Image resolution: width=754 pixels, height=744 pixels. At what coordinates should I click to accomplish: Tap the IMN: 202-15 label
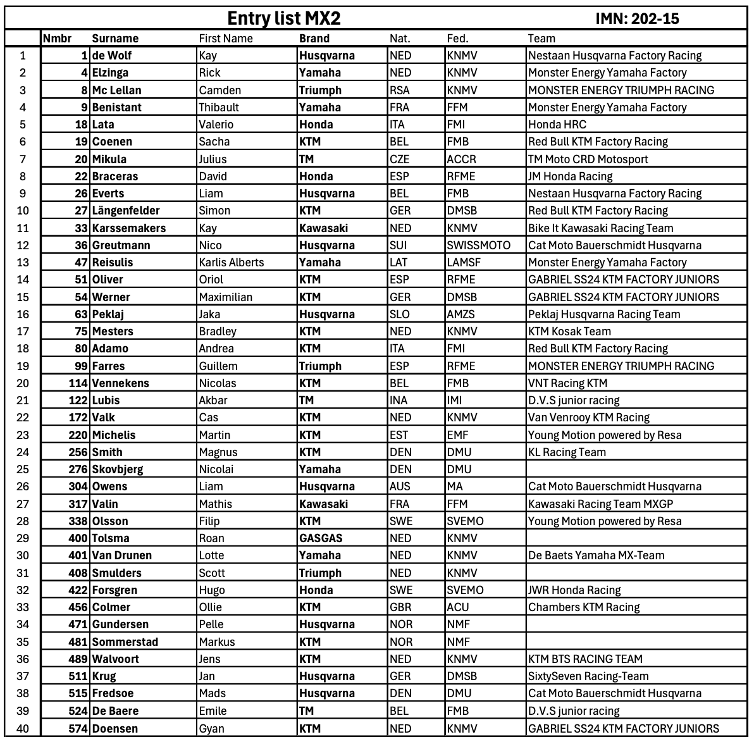tap(637, 19)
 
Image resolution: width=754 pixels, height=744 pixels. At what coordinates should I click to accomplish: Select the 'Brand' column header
tap(314, 39)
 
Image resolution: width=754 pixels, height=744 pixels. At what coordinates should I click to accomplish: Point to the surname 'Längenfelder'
tap(126, 211)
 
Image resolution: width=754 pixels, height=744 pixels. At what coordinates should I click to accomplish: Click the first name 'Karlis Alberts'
tap(232, 263)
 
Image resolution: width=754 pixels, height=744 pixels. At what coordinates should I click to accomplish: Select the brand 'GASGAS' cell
tap(321, 538)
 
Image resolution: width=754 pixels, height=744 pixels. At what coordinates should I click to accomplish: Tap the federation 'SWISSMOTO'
tap(478, 245)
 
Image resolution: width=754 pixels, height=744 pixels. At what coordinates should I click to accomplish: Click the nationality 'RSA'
tap(400, 90)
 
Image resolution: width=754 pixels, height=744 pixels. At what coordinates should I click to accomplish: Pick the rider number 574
tap(78, 728)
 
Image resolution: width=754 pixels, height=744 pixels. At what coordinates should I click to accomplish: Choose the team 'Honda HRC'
tap(557, 125)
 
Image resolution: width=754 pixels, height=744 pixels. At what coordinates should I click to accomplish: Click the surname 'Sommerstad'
tap(125, 642)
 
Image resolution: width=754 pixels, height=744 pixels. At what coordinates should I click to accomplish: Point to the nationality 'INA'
tap(399, 400)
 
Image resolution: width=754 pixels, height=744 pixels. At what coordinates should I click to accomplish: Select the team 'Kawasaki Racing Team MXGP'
tap(600, 504)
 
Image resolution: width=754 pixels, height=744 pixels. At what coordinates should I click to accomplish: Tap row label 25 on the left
tap(23, 469)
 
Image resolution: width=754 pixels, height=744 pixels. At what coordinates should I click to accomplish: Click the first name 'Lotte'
tap(211, 555)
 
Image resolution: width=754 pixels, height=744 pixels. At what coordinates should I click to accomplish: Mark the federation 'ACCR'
tap(461, 159)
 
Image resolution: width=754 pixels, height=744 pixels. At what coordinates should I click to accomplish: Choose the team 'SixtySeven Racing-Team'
tap(588, 676)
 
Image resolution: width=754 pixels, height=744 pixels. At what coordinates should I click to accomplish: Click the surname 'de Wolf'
tap(112, 56)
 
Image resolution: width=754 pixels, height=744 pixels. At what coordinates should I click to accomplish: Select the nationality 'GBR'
tap(400, 607)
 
